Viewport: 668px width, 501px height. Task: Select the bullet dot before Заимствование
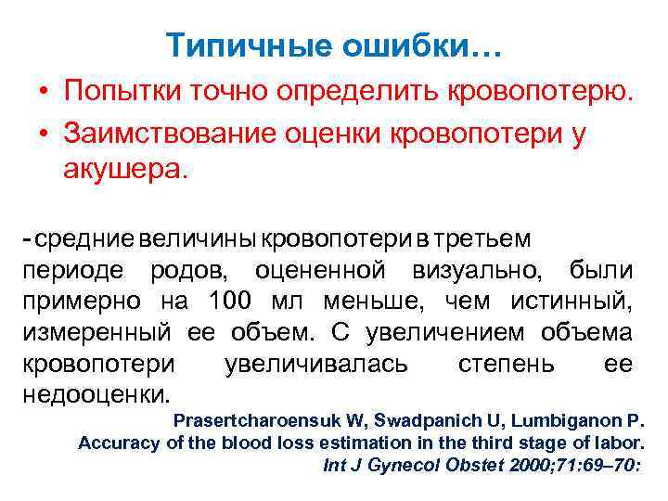[x=44, y=134]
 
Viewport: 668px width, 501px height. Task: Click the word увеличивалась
[x=315, y=363]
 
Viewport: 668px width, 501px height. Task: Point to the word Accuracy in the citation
[x=120, y=443]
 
